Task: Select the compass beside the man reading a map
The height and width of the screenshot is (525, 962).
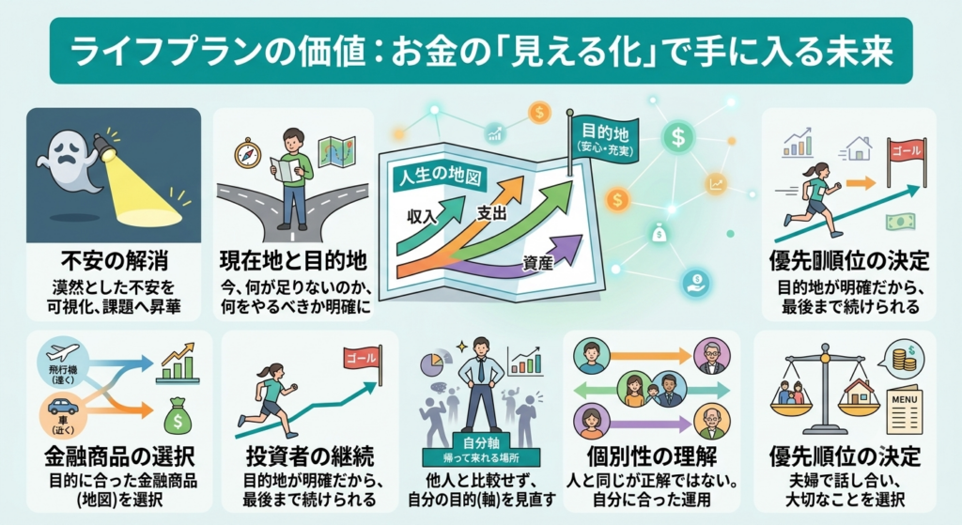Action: (247, 153)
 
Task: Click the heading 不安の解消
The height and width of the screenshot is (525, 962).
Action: (115, 261)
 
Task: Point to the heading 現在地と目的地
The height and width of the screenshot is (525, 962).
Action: (293, 261)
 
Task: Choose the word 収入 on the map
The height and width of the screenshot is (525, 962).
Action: (422, 216)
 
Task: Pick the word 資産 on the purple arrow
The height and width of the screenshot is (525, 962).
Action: (538, 263)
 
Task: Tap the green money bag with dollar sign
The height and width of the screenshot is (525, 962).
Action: (178, 416)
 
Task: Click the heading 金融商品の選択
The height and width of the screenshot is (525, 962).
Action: (119, 457)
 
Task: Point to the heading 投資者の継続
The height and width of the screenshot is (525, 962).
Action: (310, 457)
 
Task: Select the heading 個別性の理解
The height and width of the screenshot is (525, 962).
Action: (652, 457)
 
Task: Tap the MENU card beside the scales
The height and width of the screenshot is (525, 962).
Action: (905, 409)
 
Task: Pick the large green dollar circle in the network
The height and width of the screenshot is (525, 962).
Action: (678, 137)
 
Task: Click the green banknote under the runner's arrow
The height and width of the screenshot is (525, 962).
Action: (901, 222)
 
